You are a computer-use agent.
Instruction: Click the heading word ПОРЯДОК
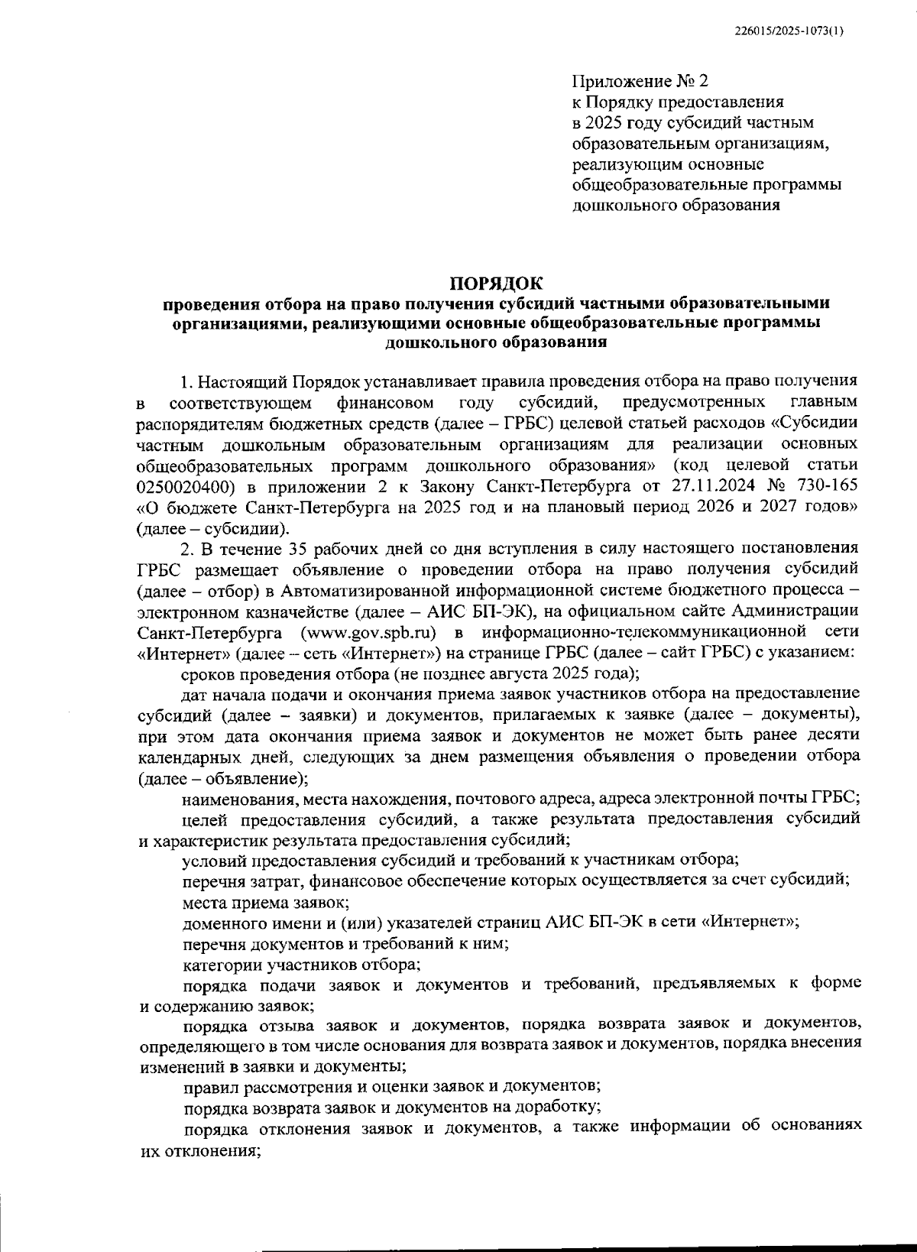tap(495, 284)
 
